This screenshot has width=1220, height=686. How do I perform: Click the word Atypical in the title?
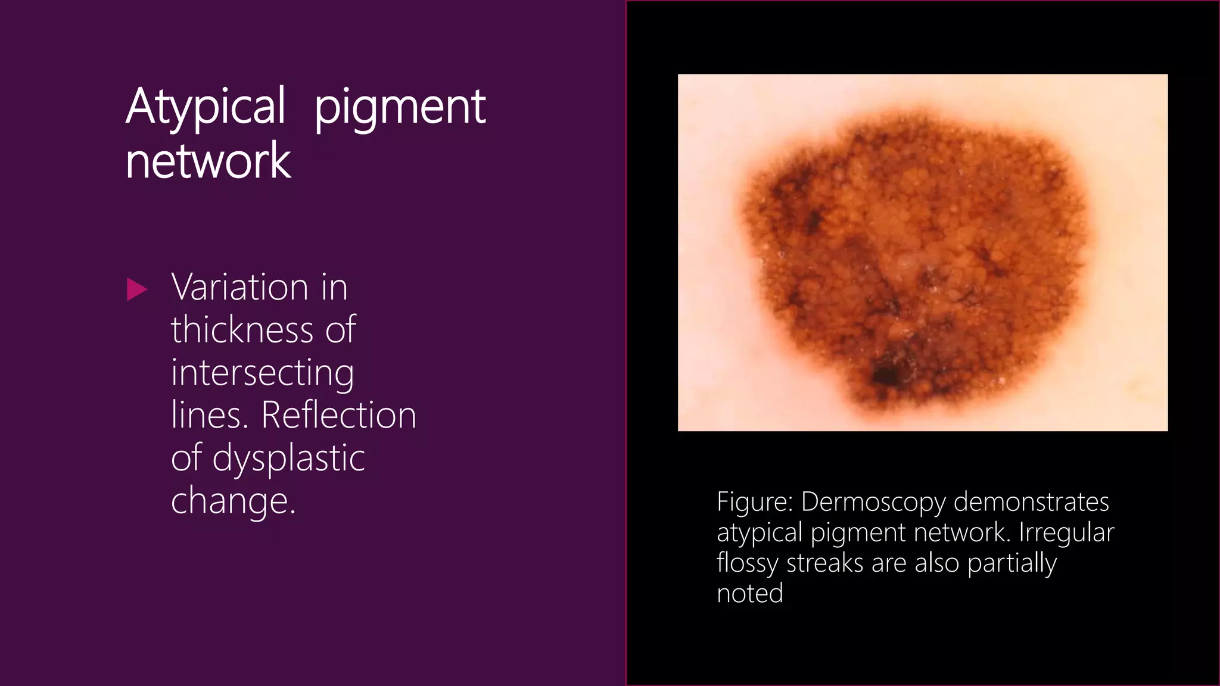[x=206, y=107]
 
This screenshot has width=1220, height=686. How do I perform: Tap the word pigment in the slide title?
[x=400, y=108]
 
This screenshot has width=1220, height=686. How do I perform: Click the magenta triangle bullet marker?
[x=137, y=289]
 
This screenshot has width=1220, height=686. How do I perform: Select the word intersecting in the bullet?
[x=262, y=373]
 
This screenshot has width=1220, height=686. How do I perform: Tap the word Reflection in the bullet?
[x=338, y=415]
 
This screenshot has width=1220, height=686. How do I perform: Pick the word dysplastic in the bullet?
[x=288, y=459]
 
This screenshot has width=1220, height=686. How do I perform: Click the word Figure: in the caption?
[x=755, y=502]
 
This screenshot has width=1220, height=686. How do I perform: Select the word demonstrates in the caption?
[x=1031, y=502]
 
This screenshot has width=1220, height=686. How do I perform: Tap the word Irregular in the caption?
[x=1066, y=533]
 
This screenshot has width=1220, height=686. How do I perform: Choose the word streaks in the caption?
[x=824, y=563]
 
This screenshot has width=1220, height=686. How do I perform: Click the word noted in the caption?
[x=750, y=594]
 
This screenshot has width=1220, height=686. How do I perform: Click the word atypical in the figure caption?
[x=760, y=533]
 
